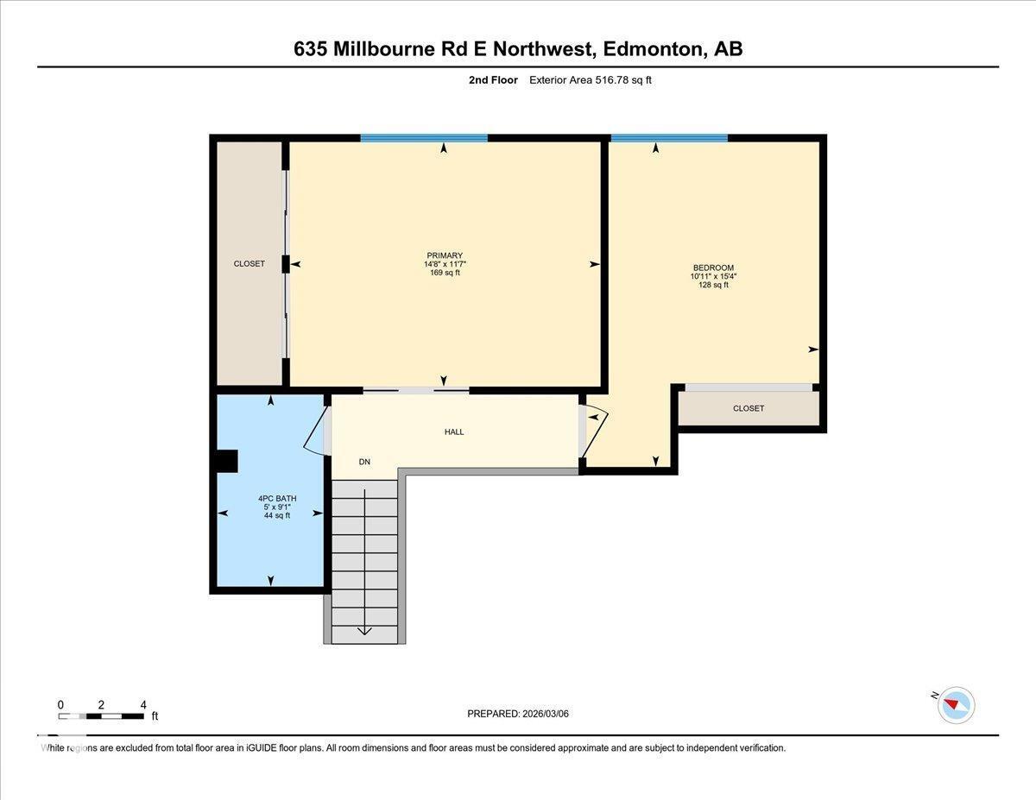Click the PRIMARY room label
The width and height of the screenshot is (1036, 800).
tap(445, 255)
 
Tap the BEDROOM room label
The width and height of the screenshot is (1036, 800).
tap(713, 268)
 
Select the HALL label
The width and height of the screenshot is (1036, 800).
tap(454, 431)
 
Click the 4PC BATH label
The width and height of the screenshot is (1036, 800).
tap(276, 499)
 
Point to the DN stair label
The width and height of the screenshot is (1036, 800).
tap(364, 462)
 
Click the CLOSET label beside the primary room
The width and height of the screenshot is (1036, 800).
tap(250, 263)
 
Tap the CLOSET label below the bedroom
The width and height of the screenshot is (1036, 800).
tap(748, 408)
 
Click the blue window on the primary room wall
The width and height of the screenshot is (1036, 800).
tap(424, 138)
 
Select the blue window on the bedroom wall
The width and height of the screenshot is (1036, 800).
tap(669, 138)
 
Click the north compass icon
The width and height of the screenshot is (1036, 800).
tap(956, 704)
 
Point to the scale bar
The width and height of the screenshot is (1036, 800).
tap(102, 715)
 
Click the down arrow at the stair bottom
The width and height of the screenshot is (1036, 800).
tap(364, 630)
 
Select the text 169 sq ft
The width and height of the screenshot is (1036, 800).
tap(445, 273)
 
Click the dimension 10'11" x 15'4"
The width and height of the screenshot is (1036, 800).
tap(713, 276)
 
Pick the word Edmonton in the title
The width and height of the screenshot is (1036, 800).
tap(652, 49)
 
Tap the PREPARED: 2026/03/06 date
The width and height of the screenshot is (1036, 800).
tap(518, 714)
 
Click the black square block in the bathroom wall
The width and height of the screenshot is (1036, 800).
tap(226, 462)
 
